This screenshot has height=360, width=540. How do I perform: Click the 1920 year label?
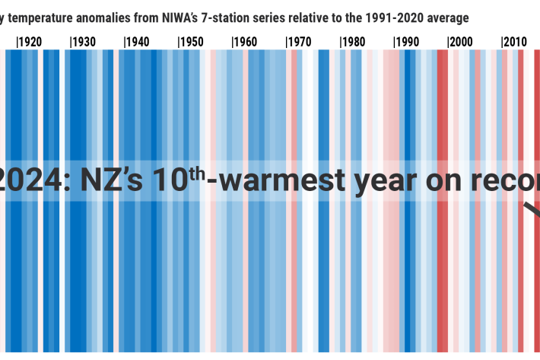tap(30, 42)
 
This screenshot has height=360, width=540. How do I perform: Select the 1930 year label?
tap(84, 42)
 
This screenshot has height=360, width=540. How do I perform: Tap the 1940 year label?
tap(138, 42)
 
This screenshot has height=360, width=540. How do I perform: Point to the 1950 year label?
tap(192, 42)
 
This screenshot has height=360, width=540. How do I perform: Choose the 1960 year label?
tap(246, 42)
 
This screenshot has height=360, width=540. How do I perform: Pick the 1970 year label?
tap(300, 42)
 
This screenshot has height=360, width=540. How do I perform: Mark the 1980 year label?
tap(354, 42)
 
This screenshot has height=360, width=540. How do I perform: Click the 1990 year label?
tap(408, 42)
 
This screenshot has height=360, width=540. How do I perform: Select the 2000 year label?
tap(462, 42)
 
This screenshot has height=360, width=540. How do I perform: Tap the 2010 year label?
tap(515, 42)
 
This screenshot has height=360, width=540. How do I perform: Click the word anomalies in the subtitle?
tap(103, 17)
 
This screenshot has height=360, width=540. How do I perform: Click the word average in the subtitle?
tap(449, 17)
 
